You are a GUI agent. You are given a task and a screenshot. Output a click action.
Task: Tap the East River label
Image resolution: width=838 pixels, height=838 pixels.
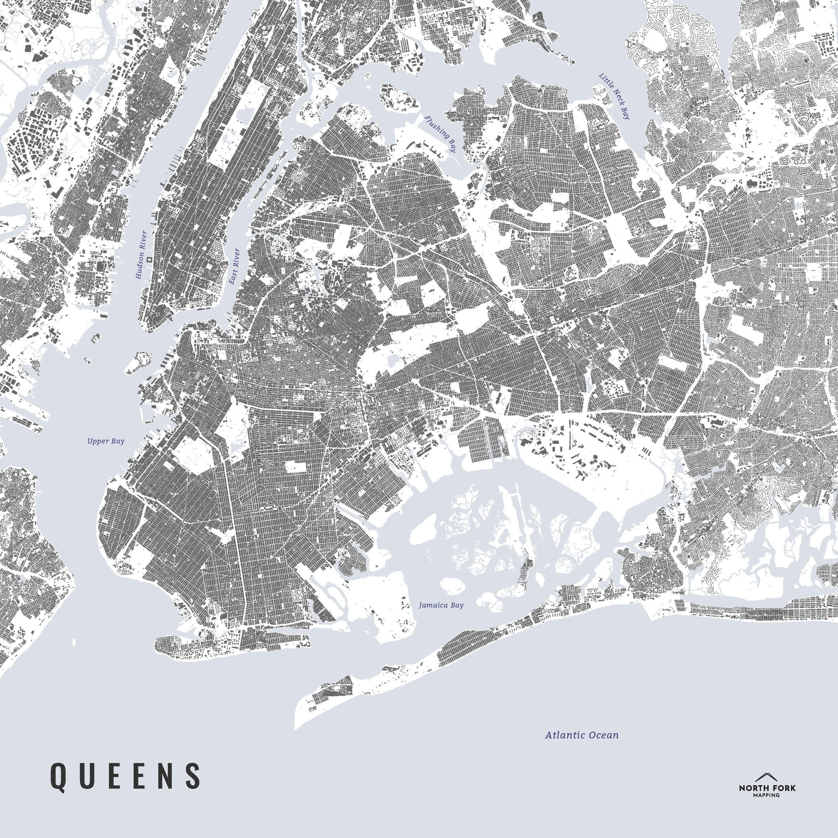coord(235,266)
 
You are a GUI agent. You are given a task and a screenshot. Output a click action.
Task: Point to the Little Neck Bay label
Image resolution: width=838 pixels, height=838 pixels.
coord(614,96)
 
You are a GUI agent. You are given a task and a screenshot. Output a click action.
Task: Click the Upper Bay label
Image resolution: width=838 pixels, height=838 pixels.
coord(106,442)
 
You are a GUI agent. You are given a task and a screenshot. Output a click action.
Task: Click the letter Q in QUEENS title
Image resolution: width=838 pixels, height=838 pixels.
coord(59,775)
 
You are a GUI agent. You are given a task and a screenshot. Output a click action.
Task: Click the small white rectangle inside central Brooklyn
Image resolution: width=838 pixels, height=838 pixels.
coord(295,466)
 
